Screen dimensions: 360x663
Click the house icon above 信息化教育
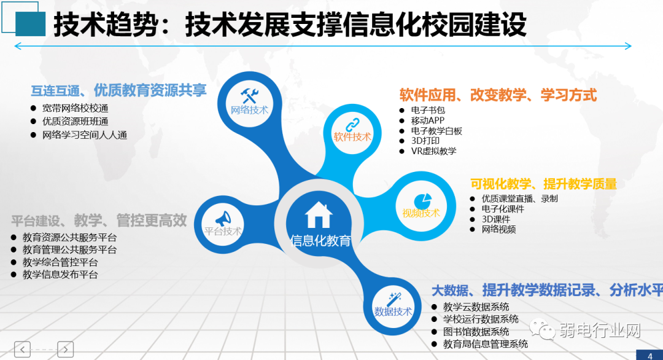click(319, 215)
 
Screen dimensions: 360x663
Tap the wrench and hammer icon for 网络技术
click(249, 95)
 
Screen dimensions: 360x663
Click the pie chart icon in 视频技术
click(421, 200)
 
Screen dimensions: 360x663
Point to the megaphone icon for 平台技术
click(222, 218)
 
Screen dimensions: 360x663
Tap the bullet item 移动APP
click(428, 120)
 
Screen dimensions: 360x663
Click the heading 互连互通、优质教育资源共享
click(118, 91)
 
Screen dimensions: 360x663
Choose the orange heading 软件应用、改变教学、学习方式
click(498, 95)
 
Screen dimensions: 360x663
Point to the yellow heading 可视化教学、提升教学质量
click(543, 184)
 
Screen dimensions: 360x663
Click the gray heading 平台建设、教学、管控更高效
click(99, 221)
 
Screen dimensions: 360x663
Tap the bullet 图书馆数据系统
click(476, 332)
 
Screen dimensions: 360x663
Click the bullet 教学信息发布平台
click(60, 275)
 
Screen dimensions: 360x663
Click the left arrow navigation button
click(22, 349)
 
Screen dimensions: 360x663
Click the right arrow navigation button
click(66, 349)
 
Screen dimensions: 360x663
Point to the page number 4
click(649, 355)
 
